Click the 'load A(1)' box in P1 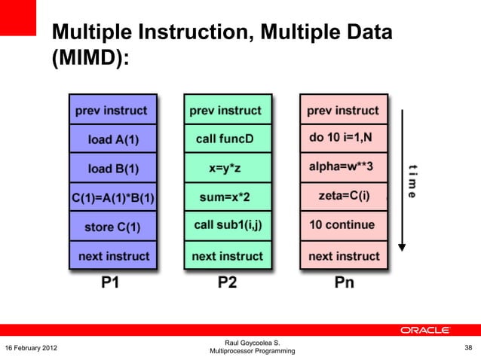(x=113, y=139)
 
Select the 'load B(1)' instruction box (x=113, y=168)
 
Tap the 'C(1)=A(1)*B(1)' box (x=113, y=197)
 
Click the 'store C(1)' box (x=113, y=227)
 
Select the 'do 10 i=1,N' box (x=343, y=139)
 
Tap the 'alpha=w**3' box (x=343, y=168)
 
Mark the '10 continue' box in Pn (x=343, y=225)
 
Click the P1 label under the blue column (x=111, y=282)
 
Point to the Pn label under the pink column (x=344, y=282)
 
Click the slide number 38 (x=468, y=347)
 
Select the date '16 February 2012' (x=32, y=347)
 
